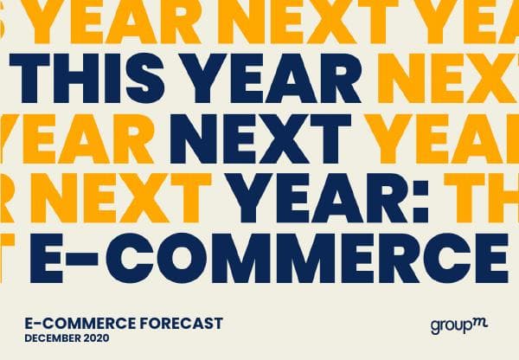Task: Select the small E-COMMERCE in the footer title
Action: click(70, 324)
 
